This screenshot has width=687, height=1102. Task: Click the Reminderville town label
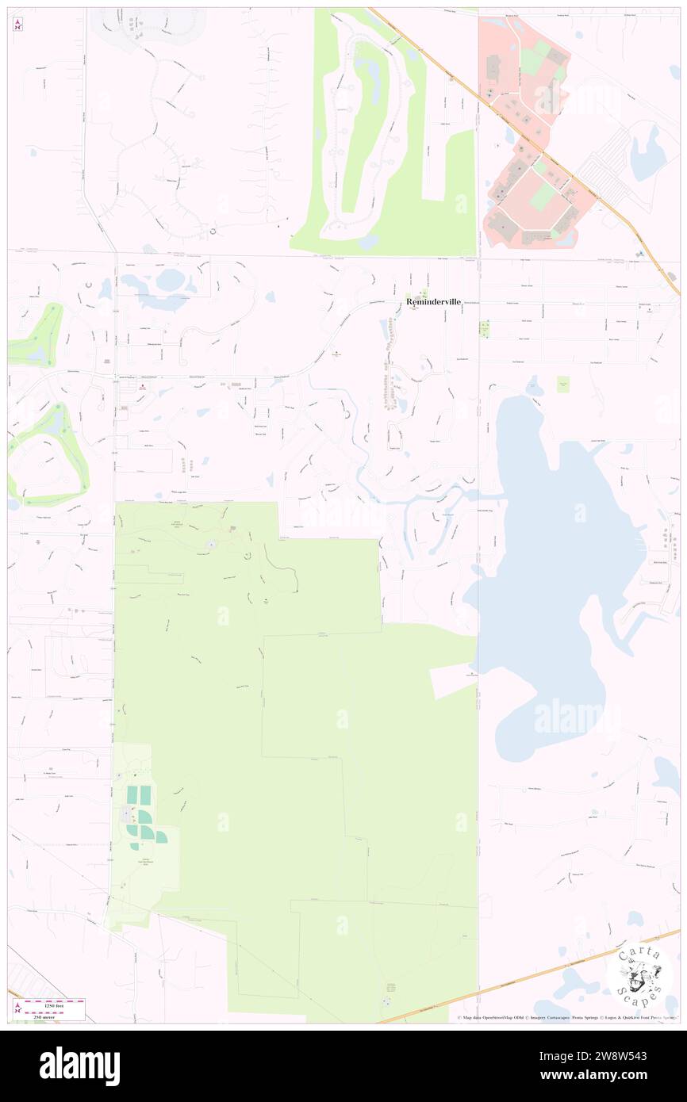(433, 302)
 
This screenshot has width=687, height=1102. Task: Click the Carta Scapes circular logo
(639, 974)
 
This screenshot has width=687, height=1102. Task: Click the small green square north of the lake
(563, 385)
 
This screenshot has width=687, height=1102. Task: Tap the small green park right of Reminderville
(484, 327)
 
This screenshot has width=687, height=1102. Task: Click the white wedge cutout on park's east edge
(452, 679)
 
